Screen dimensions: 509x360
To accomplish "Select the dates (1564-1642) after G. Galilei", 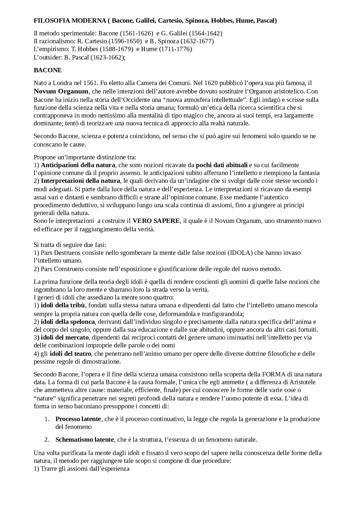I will [x=205, y=33].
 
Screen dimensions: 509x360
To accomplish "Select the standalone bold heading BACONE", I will [x=48, y=70].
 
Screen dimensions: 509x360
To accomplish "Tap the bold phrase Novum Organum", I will [x=61, y=91].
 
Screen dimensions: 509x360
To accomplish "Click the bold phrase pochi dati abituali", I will [x=222, y=165].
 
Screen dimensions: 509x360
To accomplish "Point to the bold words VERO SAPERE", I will [x=156, y=221].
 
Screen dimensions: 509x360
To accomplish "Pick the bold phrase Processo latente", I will [x=78, y=419].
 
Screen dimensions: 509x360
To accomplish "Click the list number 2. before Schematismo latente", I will [x=47, y=440].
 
